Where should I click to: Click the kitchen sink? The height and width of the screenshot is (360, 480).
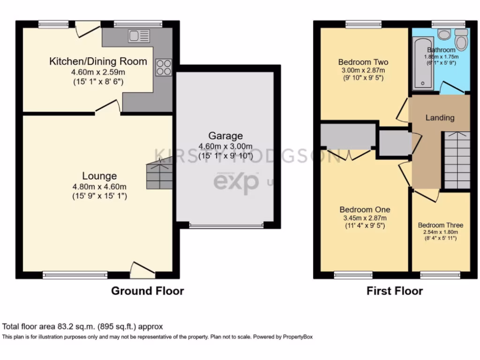139,36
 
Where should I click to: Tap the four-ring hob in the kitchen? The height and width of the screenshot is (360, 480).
164,67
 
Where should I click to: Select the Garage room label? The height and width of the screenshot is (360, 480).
225,136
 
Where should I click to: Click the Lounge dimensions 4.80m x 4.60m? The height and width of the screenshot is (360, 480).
99,187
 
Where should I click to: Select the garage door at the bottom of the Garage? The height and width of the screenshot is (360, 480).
226,225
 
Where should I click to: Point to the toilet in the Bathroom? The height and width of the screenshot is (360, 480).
461,41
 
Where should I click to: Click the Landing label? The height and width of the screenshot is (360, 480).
439,118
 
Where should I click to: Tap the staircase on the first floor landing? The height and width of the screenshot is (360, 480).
457,160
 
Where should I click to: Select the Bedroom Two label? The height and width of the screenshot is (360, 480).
363,62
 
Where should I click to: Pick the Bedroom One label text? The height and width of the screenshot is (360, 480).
364,210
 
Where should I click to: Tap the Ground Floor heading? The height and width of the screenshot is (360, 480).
147,291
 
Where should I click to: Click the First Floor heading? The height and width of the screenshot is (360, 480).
394,291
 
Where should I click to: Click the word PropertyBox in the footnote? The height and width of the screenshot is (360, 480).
297,337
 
